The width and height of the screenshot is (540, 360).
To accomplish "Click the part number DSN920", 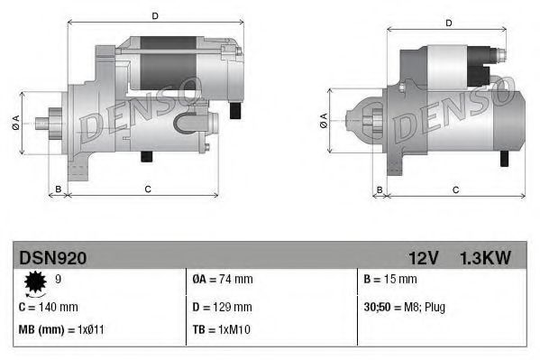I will tap(53, 259).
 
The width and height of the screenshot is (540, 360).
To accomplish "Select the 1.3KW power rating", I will tap(484, 259).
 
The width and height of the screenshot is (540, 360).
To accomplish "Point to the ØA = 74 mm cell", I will tap(223, 280).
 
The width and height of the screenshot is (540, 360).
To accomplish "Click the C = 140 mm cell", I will tap(49, 307).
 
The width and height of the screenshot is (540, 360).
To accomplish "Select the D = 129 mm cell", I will tap(222, 307).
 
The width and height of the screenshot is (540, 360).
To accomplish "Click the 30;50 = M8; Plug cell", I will tap(405, 307).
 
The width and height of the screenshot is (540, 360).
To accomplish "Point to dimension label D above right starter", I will tap(448, 23).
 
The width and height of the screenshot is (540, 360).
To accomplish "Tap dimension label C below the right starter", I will tap(455, 189).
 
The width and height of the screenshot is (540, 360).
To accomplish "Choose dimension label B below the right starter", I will tap(380, 189).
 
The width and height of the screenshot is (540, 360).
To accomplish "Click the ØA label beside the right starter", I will tap(323, 121).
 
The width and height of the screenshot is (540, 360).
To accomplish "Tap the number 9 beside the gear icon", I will tap(59, 280).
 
